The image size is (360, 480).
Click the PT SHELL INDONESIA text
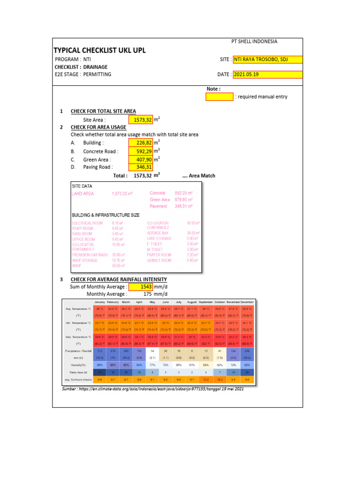click(255, 41)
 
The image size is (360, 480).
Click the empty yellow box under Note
click(219, 97)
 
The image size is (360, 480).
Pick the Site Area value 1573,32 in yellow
click(140, 120)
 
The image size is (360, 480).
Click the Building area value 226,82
click(140, 142)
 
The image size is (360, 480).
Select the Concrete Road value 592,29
click(140, 151)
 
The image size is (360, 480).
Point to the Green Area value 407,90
click(140, 160)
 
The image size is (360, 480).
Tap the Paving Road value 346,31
click(140, 167)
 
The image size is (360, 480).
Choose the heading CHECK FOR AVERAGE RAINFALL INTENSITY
click(119, 279)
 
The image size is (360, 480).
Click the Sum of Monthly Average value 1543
click(140, 286)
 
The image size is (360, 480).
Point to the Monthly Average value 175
click(149, 294)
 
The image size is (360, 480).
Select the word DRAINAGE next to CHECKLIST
click(96, 67)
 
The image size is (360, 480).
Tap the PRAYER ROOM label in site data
click(159, 255)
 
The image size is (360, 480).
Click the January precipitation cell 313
click(100, 351)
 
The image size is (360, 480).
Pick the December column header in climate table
click(247, 302)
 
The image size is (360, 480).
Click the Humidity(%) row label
click(77, 364)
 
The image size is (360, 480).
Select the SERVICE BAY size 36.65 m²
click(193, 233)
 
